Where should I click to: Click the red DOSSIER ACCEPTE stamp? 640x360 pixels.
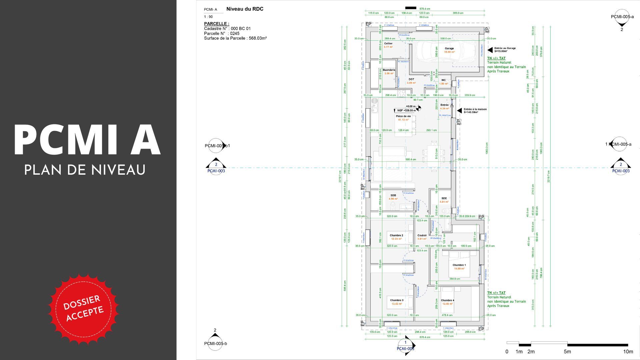tap(83, 308)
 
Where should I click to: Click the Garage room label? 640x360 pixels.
tap(449, 49)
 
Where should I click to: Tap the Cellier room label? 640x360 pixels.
tap(388, 44)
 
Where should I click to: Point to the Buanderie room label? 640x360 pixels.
tap(389, 70)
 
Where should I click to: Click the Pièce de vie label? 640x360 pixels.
tap(403, 116)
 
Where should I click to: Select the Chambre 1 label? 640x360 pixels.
tap(459, 265)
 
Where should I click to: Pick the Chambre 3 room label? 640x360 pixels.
tap(397, 300)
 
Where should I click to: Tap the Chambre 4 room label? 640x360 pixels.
tap(447, 300)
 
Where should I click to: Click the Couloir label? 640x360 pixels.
tap(422, 235)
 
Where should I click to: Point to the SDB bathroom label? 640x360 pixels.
tap(393, 195)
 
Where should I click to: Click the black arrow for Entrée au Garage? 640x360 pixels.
tap(490, 50)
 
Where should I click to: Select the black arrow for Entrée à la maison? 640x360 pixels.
tap(459, 111)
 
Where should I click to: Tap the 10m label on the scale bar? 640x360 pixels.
tap(628, 352)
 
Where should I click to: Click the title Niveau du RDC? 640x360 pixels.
tap(245, 9)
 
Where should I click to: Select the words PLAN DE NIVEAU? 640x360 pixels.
tap(85, 170)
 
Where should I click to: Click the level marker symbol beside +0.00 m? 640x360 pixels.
tap(419, 108)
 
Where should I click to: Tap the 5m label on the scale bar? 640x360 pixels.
tap(567, 352)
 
